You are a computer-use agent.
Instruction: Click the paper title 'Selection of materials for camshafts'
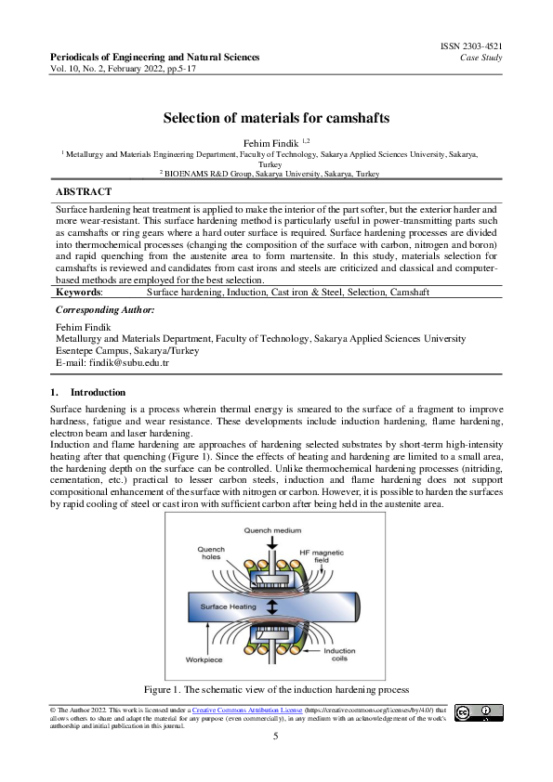276,118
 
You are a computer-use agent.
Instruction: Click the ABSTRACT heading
84,191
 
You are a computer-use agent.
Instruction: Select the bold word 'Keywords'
79,292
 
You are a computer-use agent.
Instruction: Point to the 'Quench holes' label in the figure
211,554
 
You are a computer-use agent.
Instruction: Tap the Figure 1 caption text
276,690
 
